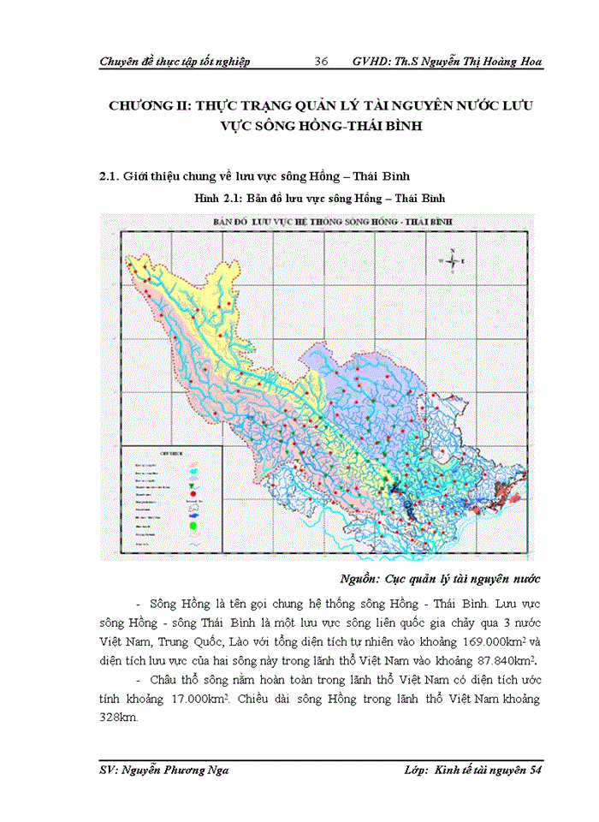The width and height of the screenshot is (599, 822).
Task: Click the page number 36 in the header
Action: coord(322,62)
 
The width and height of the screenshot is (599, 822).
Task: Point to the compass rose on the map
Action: coord(450,259)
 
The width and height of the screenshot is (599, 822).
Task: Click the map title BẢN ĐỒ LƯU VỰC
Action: coord(257,222)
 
